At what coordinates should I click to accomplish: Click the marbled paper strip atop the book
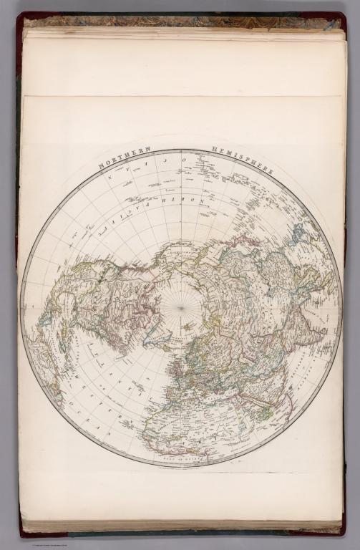coord(179,21)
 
